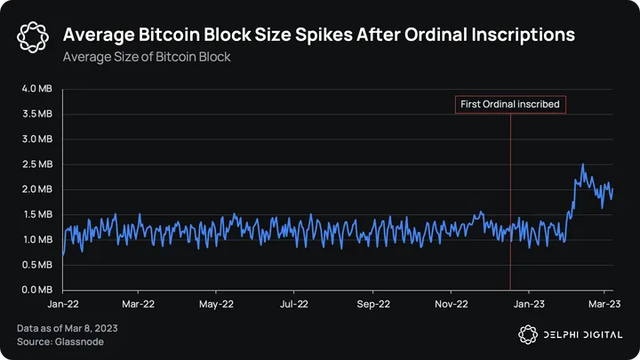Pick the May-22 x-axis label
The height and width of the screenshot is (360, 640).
(x=217, y=302)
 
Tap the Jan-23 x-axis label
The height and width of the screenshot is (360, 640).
(x=529, y=302)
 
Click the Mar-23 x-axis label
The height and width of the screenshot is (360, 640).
(x=604, y=302)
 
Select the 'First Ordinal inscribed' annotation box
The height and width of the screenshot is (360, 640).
(x=510, y=105)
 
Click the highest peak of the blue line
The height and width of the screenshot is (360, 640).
(x=583, y=164)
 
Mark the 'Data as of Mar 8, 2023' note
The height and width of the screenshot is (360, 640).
(x=68, y=329)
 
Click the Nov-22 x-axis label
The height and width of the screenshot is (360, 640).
(x=451, y=302)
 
